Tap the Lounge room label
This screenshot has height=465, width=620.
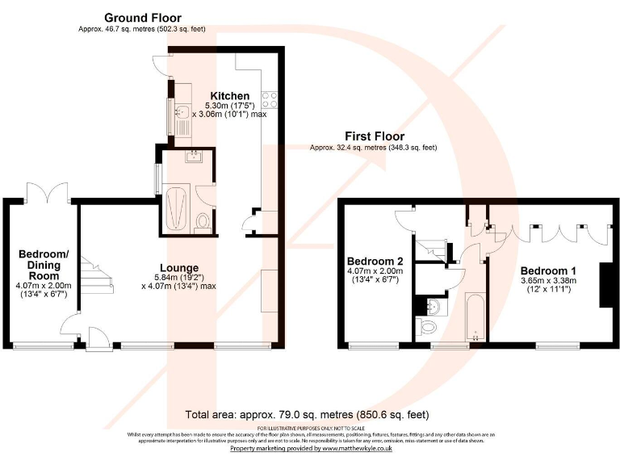click(x=178, y=268)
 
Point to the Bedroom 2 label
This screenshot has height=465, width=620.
click(x=375, y=262)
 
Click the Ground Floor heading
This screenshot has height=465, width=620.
click(x=142, y=18)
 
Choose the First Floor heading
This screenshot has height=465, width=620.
click(x=374, y=136)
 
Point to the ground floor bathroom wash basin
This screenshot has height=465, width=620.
click(x=194, y=157)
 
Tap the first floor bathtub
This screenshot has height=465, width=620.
click(x=474, y=316)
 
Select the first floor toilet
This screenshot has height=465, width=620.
click(x=428, y=326)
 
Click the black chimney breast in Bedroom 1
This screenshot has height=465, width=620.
click(x=604, y=284)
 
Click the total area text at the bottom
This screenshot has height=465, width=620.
click(x=306, y=414)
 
